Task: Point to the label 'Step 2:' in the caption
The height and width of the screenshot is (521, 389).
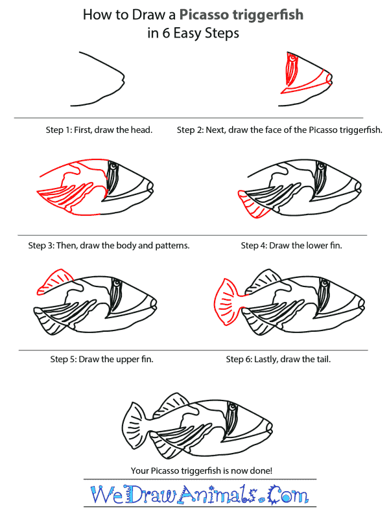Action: coord(191,130)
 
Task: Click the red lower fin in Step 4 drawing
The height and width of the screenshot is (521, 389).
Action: coord(253,205)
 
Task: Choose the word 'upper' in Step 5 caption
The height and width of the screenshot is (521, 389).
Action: coord(126,358)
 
